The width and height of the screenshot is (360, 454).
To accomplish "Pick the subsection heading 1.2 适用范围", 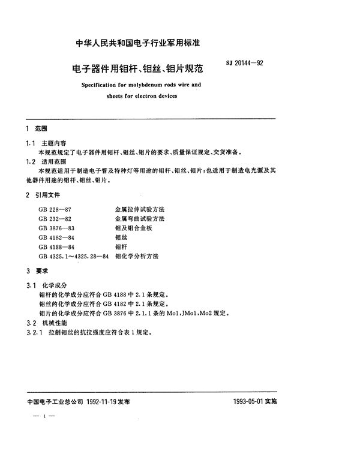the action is (40, 162).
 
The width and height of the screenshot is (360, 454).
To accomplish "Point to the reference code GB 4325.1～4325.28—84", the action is (73, 257).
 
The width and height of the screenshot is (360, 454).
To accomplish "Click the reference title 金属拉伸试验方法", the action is (139, 210).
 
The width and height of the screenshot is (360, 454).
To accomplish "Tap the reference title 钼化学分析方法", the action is (136, 257).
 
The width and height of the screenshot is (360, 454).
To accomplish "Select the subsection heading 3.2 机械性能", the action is (40, 322).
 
